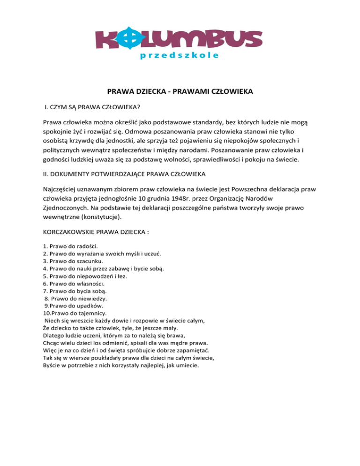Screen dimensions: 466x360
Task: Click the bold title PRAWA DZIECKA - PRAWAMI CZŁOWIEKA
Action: click(x=180, y=92)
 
